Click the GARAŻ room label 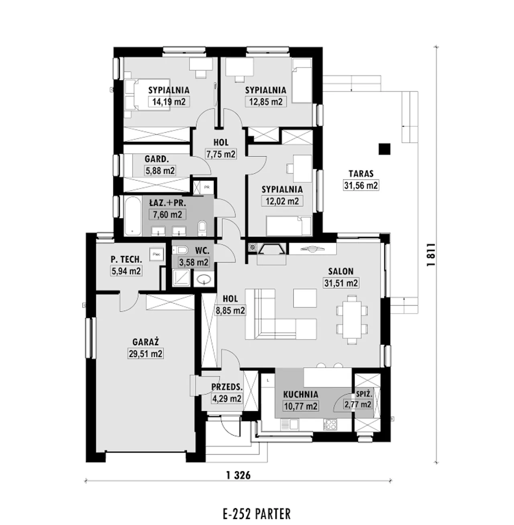point(146,342)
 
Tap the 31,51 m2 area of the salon point(341,283)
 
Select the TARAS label point(361,174)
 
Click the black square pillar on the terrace point(384,149)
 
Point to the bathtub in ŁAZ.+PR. point(133,216)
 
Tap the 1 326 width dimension point(239,476)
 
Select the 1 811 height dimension point(431,255)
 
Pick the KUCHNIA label point(301,394)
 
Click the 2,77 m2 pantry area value point(358,404)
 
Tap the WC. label point(202,251)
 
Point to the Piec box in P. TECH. point(157,254)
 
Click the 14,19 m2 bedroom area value point(169,102)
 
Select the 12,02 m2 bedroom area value point(282,201)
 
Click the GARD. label point(157,159)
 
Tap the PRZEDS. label point(227,387)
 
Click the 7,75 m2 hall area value point(221,154)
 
